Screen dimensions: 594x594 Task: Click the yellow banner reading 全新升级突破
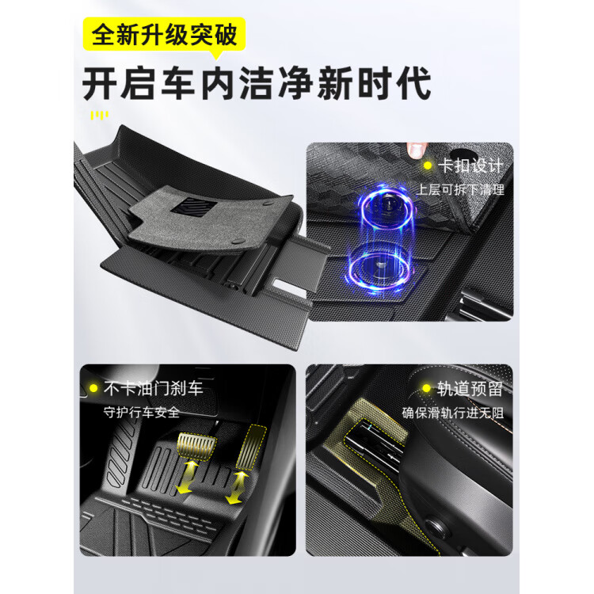point(164,36)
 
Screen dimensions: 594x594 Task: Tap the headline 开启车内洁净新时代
point(257,83)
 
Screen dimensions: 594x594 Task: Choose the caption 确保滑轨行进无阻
point(453,412)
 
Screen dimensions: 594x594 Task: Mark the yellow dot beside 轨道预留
point(425,389)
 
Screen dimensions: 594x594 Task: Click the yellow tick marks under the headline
point(98,116)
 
